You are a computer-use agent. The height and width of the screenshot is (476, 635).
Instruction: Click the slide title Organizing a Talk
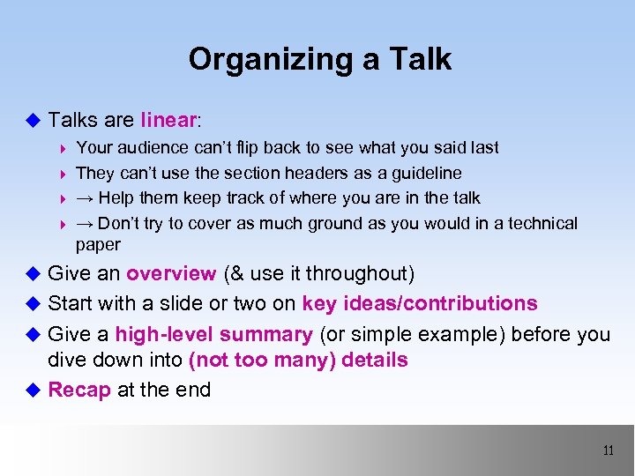319,60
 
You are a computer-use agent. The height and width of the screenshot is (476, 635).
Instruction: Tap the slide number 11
608,450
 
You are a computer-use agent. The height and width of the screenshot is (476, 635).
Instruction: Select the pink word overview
171,273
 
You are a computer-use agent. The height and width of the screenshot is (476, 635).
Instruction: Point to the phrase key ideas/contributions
419,303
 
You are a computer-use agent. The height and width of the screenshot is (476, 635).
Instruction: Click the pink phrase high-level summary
214,334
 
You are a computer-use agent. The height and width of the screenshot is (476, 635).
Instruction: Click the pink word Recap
79,390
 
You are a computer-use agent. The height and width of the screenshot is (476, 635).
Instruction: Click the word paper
98,244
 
